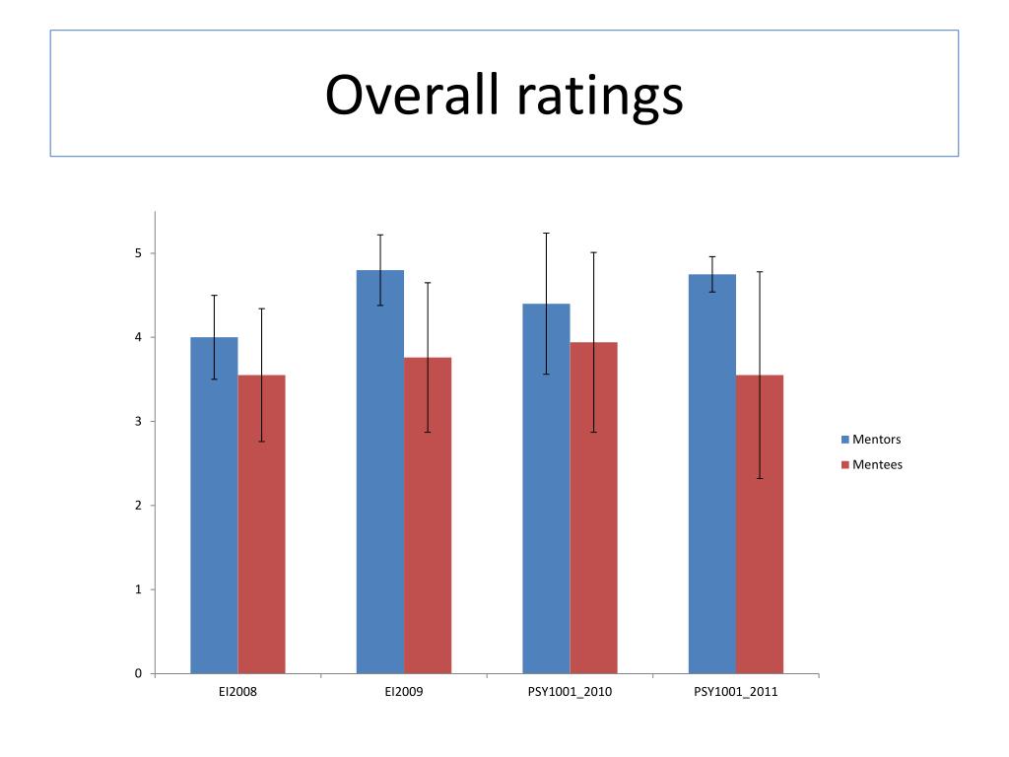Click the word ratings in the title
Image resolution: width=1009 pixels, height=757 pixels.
(x=600, y=98)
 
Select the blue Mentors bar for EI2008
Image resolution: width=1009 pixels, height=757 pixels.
(x=214, y=506)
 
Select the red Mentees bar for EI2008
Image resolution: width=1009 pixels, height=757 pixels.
(x=262, y=524)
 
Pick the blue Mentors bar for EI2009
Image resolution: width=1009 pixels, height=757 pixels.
(x=380, y=472)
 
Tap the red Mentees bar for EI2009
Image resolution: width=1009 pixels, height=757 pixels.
(x=428, y=516)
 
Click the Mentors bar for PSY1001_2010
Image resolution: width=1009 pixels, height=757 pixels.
(x=546, y=489)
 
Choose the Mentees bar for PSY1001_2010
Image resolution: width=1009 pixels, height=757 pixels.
(x=594, y=508)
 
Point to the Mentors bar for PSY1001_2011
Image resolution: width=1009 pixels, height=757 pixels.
(x=712, y=474)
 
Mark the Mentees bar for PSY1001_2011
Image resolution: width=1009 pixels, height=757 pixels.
(x=760, y=524)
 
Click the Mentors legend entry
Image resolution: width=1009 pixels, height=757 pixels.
(x=871, y=440)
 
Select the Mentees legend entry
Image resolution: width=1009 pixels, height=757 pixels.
(x=872, y=465)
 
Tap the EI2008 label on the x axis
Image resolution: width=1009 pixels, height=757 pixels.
(x=238, y=692)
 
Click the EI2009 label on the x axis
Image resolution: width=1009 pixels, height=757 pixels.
(x=404, y=692)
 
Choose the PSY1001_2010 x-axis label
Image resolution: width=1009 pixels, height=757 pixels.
(x=571, y=692)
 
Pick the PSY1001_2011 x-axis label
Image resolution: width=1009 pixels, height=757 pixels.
(x=736, y=692)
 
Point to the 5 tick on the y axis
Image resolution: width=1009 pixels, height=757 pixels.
(x=138, y=253)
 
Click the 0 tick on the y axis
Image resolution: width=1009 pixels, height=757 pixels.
(x=138, y=674)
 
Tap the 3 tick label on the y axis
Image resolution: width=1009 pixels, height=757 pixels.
(x=138, y=422)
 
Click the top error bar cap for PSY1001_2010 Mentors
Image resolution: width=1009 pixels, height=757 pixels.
(x=546, y=233)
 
